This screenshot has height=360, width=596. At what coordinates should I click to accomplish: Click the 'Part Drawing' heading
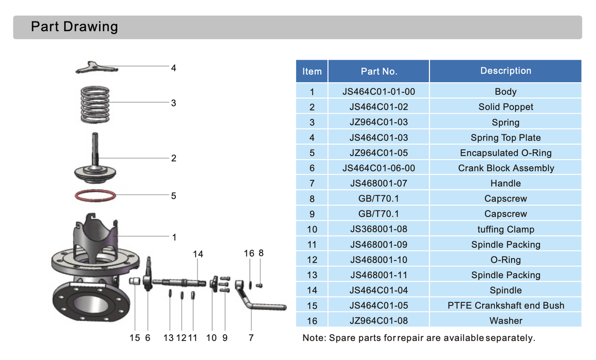coord(74,27)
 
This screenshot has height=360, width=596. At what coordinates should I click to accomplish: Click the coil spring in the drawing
coord(96,104)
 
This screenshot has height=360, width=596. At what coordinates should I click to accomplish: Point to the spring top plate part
coord(97,67)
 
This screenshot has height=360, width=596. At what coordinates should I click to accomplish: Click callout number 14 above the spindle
coord(198,254)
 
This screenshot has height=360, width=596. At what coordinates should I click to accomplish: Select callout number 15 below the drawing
coord(135,338)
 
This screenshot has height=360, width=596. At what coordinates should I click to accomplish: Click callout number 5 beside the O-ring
coord(173,196)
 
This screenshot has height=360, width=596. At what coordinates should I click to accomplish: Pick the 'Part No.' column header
coord(378,71)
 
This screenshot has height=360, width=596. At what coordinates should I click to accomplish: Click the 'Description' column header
coord(505,71)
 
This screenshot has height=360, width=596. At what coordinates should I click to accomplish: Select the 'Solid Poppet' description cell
coord(505,107)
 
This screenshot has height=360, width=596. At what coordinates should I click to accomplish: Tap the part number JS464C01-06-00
coord(378,168)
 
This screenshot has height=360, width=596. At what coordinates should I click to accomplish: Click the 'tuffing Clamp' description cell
coord(505,229)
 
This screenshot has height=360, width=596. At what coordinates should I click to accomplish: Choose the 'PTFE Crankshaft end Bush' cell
coord(505,305)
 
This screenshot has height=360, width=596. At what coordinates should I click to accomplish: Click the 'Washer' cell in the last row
coord(505,321)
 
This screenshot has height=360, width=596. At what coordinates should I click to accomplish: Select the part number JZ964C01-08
coord(378,321)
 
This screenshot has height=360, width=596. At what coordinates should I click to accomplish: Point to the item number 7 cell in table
coord(312,184)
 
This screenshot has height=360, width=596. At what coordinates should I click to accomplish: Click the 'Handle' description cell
coord(505,184)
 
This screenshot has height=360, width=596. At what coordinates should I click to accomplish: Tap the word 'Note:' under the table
coord(314,338)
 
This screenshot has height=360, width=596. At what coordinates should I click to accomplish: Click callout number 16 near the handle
coord(249,253)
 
